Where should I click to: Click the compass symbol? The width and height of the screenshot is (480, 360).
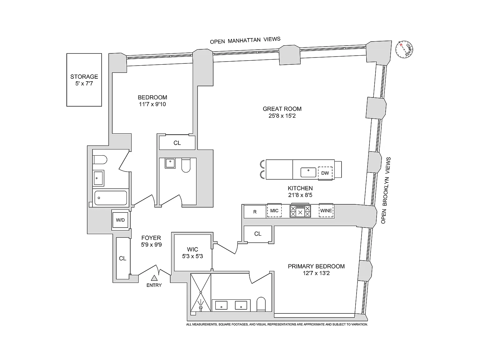(404, 49)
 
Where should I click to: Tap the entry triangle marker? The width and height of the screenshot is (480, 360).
(154, 278)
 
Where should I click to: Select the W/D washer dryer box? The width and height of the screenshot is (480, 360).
(120, 220)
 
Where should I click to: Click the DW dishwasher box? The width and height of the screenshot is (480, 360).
(325, 173)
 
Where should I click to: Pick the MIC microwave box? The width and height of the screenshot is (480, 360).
(274, 211)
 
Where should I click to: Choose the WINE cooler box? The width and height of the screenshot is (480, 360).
(326, 211)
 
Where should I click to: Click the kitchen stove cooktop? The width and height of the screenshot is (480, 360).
(300, 211)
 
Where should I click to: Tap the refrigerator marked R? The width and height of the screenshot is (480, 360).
(255, 212)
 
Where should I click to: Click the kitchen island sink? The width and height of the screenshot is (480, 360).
(308, 172)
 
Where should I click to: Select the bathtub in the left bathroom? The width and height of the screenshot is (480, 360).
(111, 198)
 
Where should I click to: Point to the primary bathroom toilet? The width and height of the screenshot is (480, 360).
(261, 304)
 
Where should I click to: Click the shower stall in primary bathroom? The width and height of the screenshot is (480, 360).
(201, 292)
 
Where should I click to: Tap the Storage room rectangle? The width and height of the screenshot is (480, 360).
(84, 80)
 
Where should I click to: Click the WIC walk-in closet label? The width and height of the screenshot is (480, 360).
(192, 249)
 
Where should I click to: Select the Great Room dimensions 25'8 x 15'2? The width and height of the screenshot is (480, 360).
(282, 116)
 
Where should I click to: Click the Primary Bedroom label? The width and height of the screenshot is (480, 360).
(316, 266)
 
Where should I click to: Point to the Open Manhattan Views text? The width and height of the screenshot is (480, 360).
(245, 40)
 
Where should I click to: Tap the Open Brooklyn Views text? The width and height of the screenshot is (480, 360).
(386, 190)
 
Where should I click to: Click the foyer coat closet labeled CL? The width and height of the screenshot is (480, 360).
(123, 258)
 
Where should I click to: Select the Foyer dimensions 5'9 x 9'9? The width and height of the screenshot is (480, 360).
(151, 245)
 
